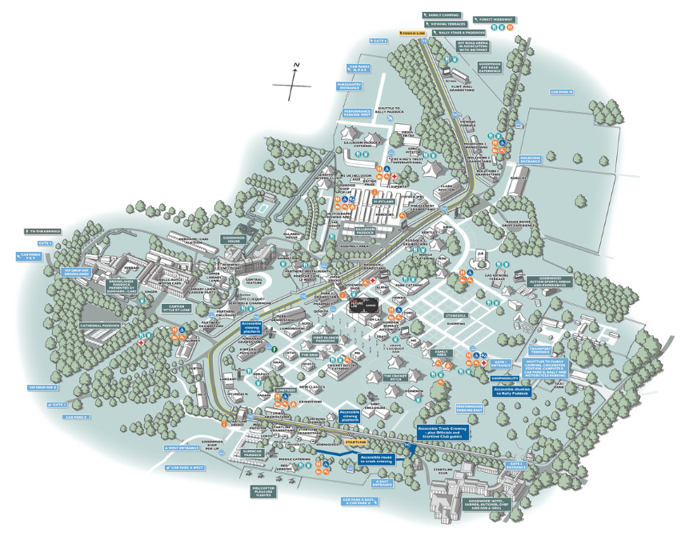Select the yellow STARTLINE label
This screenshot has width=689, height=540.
[355, 441]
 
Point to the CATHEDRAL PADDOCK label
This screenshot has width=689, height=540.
[99, 326]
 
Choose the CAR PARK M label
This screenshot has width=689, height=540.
[562, 91]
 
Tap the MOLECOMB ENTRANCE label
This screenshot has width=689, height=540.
[531, 160]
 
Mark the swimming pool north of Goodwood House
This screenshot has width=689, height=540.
[260, 210]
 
